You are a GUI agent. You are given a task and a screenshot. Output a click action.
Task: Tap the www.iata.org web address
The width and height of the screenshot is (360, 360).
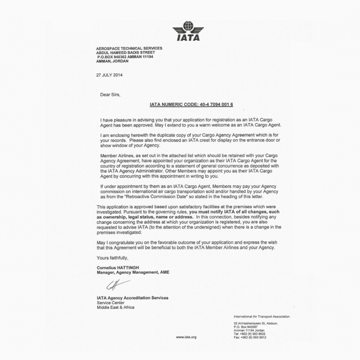point(186,338)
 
